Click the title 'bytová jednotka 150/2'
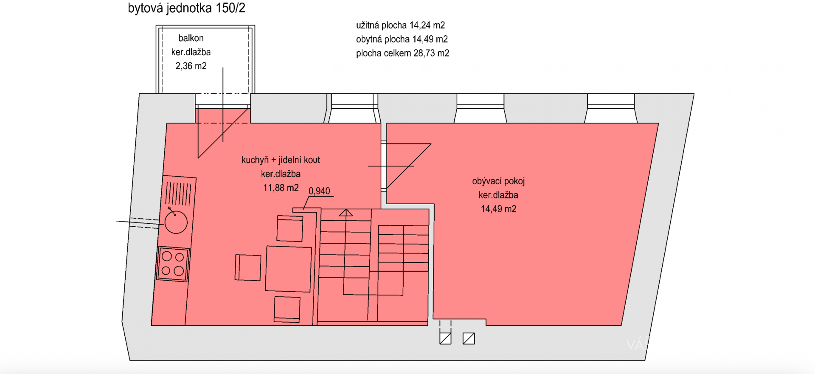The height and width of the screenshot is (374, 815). click(186, 8)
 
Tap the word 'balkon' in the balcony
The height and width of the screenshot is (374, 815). click(191, 38)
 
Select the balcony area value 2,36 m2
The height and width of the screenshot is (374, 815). click(191, 66)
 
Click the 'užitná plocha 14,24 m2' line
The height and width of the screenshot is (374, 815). click(400, 25)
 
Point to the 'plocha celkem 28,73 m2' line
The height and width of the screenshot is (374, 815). click(402, 53)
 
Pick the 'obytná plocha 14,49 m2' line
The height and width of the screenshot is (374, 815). click(402, 39)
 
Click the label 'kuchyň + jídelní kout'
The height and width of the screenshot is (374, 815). click(281, 160)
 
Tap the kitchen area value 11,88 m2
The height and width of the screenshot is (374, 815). click(281, 188)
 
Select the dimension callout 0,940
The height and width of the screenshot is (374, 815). click(319, 191)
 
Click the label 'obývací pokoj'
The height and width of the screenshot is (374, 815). click(498, 181)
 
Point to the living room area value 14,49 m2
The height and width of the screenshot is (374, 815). click(498, 209)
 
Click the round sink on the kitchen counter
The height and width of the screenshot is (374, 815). click(176, 222)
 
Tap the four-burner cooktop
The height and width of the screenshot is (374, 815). click(173, 264)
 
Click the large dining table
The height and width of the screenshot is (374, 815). click(289, 269)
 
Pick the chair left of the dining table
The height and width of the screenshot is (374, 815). click(248, 267)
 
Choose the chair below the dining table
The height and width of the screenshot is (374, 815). click(287, 309)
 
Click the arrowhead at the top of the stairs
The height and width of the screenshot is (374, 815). click(346, 213)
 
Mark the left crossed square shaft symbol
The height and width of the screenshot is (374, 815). click(445, 338)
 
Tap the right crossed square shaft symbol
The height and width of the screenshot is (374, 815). click(469, 338)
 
